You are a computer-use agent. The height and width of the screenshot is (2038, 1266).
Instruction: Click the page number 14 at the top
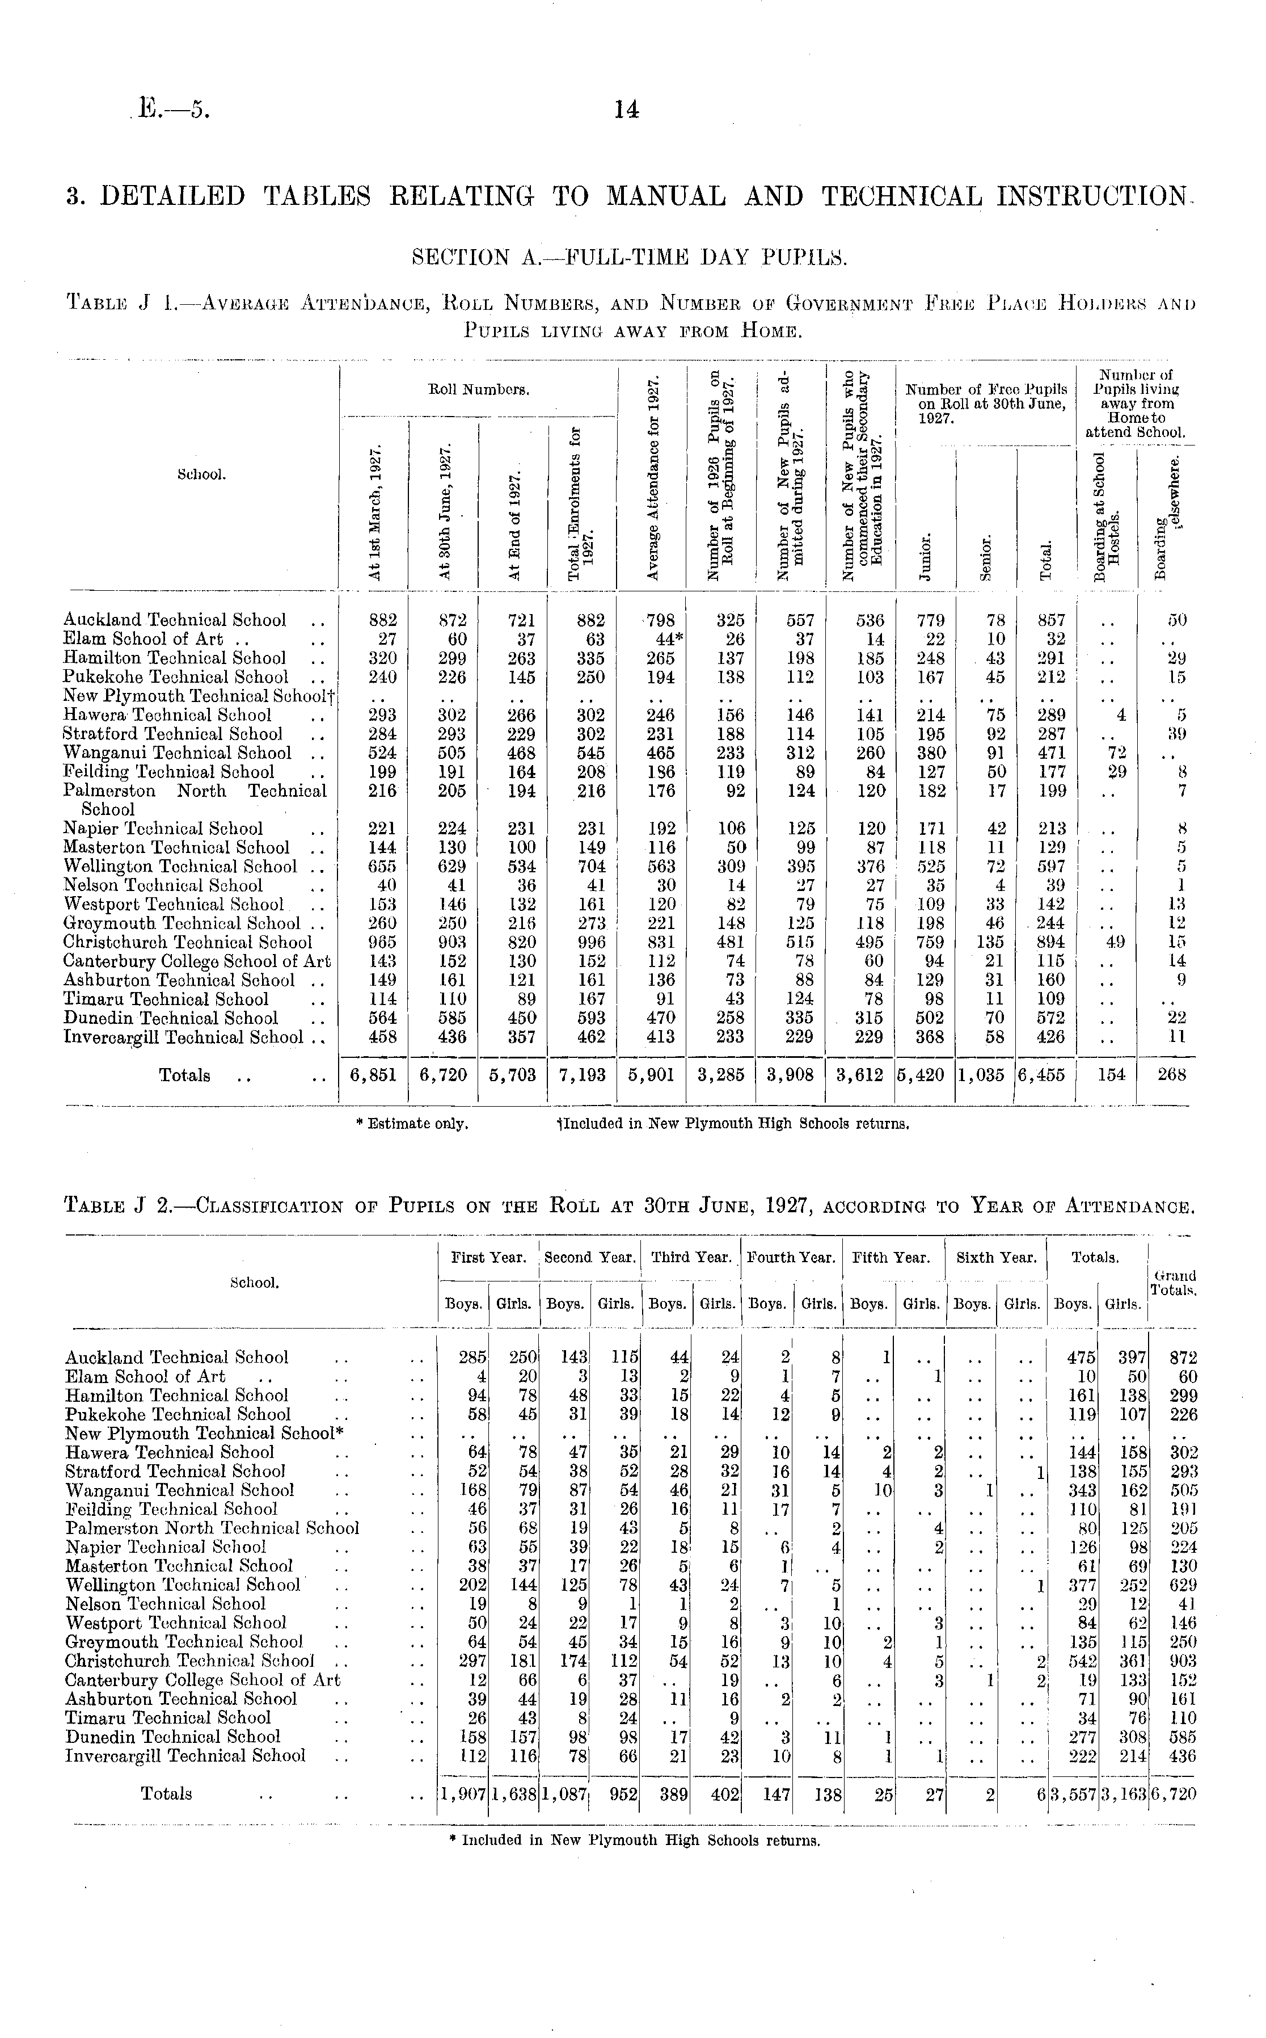(626, 110)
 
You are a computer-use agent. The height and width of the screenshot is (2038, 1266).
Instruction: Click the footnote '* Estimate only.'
(412, 1124)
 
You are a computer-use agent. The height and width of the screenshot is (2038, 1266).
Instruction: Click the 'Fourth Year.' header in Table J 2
(791, 1257)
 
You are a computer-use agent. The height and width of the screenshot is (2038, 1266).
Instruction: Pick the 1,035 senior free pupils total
(985, 1075)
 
